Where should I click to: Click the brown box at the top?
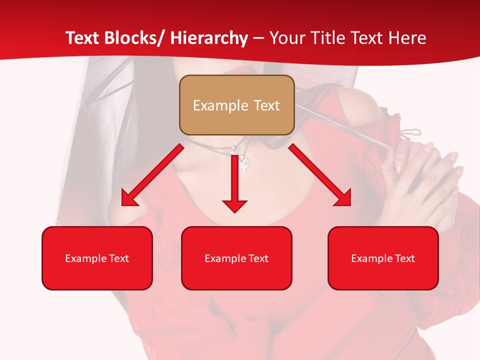236,105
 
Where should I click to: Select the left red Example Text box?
97,258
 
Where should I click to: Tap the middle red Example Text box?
236,258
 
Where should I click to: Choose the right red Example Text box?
383,258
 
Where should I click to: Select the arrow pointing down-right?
320,174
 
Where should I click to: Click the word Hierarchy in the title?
209,38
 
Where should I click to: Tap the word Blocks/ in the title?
137,38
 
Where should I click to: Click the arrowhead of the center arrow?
235,205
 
